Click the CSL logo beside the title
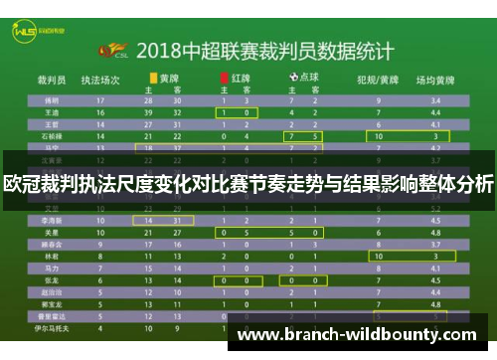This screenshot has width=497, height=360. (x=111, y=49)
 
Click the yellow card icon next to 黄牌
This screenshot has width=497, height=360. (x=152, y=76)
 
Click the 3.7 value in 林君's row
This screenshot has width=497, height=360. (x=434, y=255)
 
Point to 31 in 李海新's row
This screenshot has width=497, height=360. (x=177, y=218)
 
